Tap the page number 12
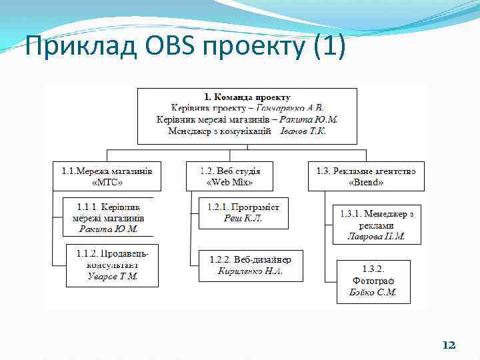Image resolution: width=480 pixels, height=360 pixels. point(449,345)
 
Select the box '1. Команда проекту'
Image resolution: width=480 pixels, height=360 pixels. point(247,115)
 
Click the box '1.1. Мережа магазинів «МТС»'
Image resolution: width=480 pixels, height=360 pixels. point(107,176)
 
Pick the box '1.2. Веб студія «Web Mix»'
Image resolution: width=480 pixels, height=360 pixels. point(230,176)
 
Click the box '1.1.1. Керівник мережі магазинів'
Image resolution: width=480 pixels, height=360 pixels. point(108,217)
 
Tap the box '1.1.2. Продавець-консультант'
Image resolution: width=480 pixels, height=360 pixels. point(112,265)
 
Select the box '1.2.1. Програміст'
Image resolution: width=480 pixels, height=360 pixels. point(243,213)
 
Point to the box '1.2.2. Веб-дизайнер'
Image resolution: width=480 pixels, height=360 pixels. point(250,265)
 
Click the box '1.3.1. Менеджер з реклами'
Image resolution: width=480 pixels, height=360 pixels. point(377,225)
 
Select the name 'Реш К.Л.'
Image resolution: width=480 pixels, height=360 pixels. point(243,218)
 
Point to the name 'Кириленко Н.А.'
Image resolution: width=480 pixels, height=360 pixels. point(250,271)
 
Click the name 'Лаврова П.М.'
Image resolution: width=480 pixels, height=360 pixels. point(377,236)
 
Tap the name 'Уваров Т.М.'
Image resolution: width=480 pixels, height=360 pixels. point(112,277)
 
